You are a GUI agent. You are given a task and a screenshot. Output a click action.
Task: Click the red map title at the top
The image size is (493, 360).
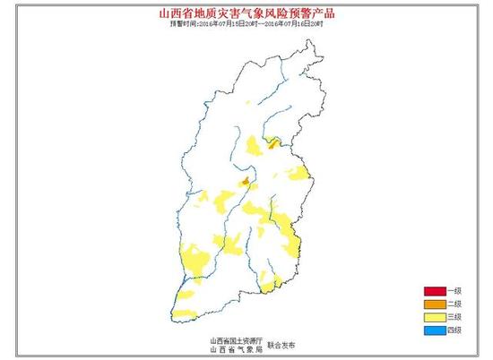click(x=246, y=13)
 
